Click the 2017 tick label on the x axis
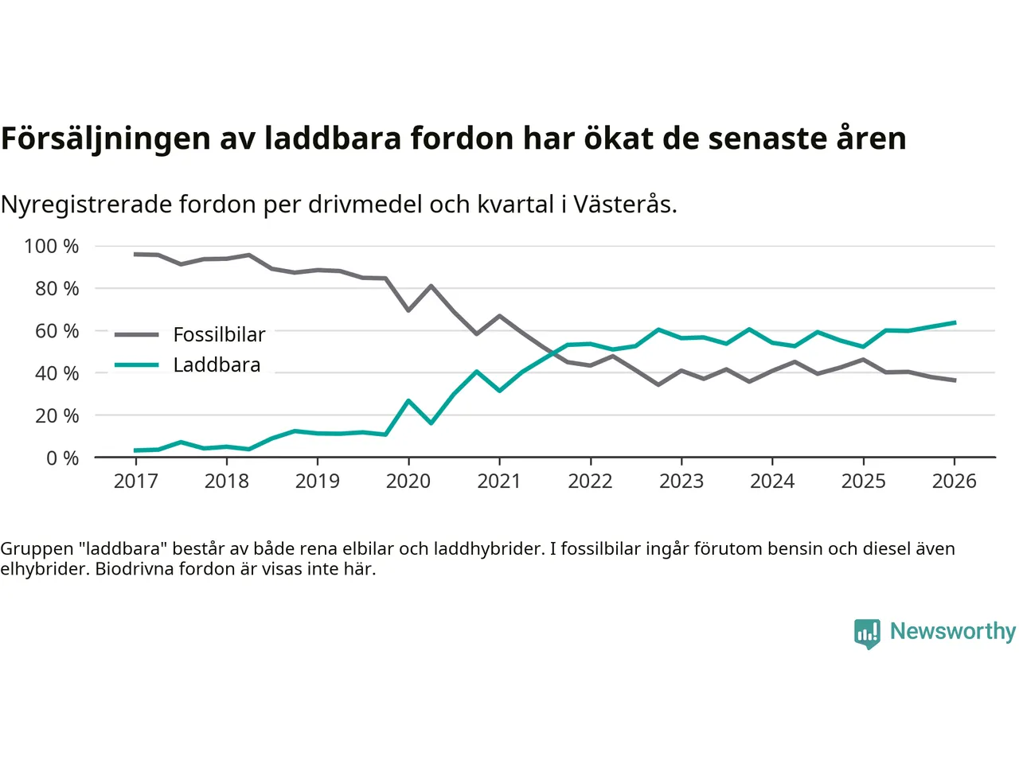click(136, 481)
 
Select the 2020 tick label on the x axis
click(408, 481)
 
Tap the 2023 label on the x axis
click(681, 481)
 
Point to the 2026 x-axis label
click(955, 481)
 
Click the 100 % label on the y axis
click(52, 246)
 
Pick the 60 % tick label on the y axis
click(57, 330)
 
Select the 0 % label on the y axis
click(62, 458)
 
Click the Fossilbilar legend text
click(219, 334)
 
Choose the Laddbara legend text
click(217, 365)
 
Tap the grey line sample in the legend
click(137, 334)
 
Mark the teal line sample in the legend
click(137, 365)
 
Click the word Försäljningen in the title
click(105, 138)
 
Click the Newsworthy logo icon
click(867, 633)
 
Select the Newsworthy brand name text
click(953, 631)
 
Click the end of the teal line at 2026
click(955, 322)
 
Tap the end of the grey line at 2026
click(955, 380)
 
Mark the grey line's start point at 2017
click(136, 254)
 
